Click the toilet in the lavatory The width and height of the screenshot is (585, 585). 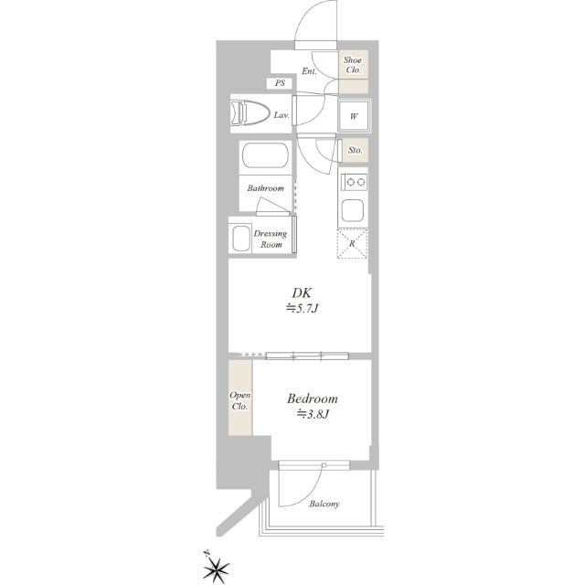250,112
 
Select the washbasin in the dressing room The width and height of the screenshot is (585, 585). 241,238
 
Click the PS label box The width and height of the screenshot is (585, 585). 281,83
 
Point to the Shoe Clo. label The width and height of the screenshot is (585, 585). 353,65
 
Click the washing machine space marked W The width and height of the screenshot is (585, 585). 354,116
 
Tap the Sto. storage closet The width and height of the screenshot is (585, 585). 356,150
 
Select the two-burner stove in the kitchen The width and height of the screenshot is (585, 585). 355,182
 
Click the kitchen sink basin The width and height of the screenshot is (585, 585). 353,210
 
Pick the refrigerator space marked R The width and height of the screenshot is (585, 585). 353,244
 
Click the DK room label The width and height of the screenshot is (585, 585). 302,292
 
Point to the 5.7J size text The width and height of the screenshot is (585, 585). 303,309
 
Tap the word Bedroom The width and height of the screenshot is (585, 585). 313,399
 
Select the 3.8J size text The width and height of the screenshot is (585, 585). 313,414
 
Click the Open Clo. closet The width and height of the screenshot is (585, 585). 240,398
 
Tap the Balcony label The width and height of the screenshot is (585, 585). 324,504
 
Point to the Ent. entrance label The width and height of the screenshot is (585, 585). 309,71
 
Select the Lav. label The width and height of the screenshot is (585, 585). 282,115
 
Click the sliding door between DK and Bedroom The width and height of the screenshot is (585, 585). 307,356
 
